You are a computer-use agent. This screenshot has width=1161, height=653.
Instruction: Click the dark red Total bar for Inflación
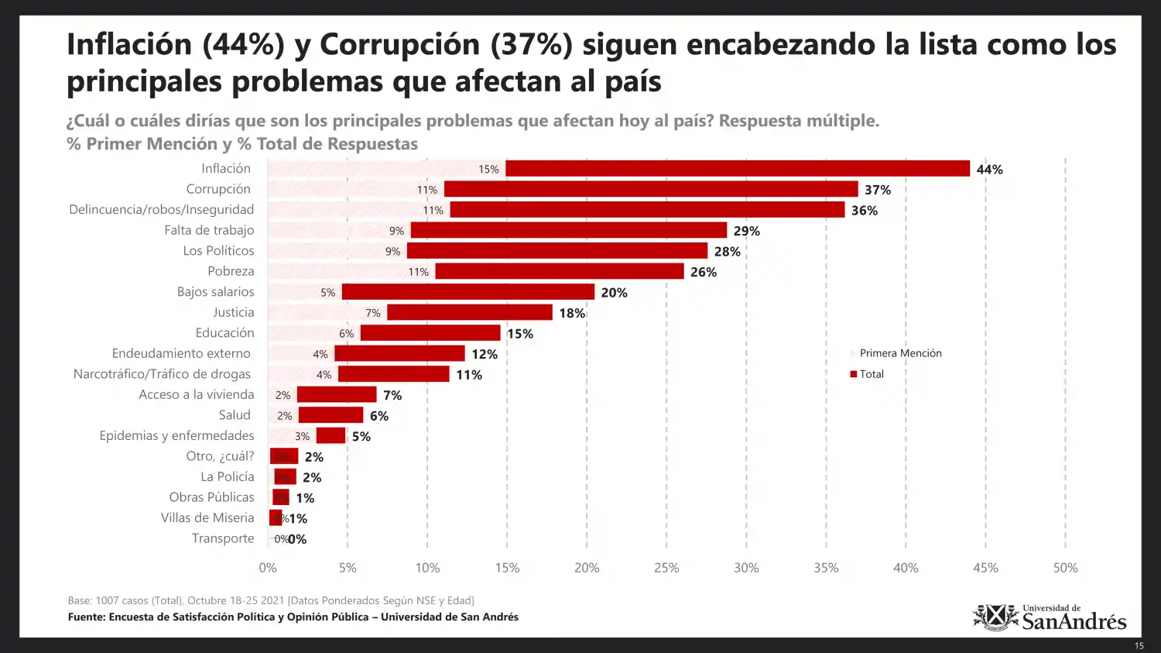(x=737, y=169)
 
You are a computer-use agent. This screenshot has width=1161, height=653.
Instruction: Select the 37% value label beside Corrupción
(x=878, y=190)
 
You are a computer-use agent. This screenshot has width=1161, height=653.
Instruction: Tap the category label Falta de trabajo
(x=209, y=230)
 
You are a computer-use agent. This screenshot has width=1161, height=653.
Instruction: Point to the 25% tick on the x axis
(x=666, y=568)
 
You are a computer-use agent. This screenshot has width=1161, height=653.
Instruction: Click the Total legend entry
(x=871, y=374)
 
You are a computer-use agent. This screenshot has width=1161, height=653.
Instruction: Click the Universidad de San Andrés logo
(x=1050, y=617)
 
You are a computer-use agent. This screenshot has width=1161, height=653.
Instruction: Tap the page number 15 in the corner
(x=1139, y=646)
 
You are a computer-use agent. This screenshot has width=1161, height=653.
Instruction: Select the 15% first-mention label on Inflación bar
(x=488, y=170)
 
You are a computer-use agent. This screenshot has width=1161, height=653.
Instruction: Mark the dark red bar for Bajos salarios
(x=468, y=292)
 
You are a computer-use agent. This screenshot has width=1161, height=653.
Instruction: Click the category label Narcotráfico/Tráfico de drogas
(x=162, y=374)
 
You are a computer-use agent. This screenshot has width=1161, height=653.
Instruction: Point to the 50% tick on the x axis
(x=1065, y=568)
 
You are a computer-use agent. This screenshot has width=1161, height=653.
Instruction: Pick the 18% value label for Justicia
(x=572, y=313)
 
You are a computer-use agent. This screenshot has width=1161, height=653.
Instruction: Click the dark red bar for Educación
(x=430, y=333)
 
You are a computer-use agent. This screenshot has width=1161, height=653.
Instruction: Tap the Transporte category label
(x=223, y=538)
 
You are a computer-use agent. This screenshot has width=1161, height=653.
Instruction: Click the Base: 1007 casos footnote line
(x=271, y=600)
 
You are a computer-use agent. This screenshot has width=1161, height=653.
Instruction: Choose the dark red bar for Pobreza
(x=560, y=271)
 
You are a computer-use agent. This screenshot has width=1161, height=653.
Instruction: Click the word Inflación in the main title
(x=129, y=45)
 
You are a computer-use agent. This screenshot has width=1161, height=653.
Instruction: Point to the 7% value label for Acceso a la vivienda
(x=392, y=395)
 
